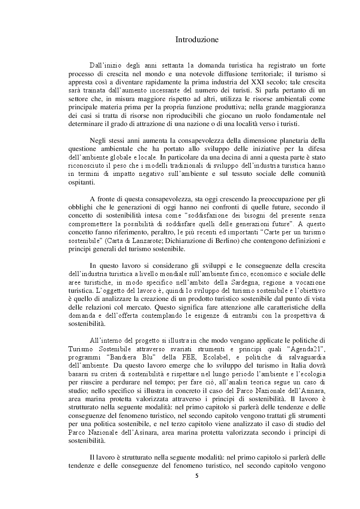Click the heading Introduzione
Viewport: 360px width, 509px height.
(x=197, y=40)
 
